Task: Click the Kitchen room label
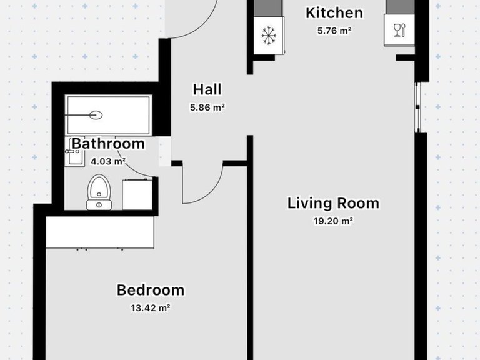coord(334,13)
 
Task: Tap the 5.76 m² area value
coord(334,31)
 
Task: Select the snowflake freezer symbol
coord(269,36)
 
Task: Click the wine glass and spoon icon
coord(399,30)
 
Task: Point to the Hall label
coord(207,89)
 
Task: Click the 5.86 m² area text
coord(207,107)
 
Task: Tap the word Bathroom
coord(108,144)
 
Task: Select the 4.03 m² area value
coord(108,161)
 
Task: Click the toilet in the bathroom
coord(99,192)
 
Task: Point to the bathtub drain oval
coord(96,115)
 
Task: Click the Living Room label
coord(333,203)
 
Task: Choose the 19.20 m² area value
coord(333,221)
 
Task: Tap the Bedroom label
coord(151,290)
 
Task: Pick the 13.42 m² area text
coord(151,307)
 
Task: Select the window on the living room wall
coord(417,107)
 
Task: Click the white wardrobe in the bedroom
coord(100,232)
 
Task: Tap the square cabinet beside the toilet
coord(137,195)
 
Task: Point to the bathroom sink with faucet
coord(74,156)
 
